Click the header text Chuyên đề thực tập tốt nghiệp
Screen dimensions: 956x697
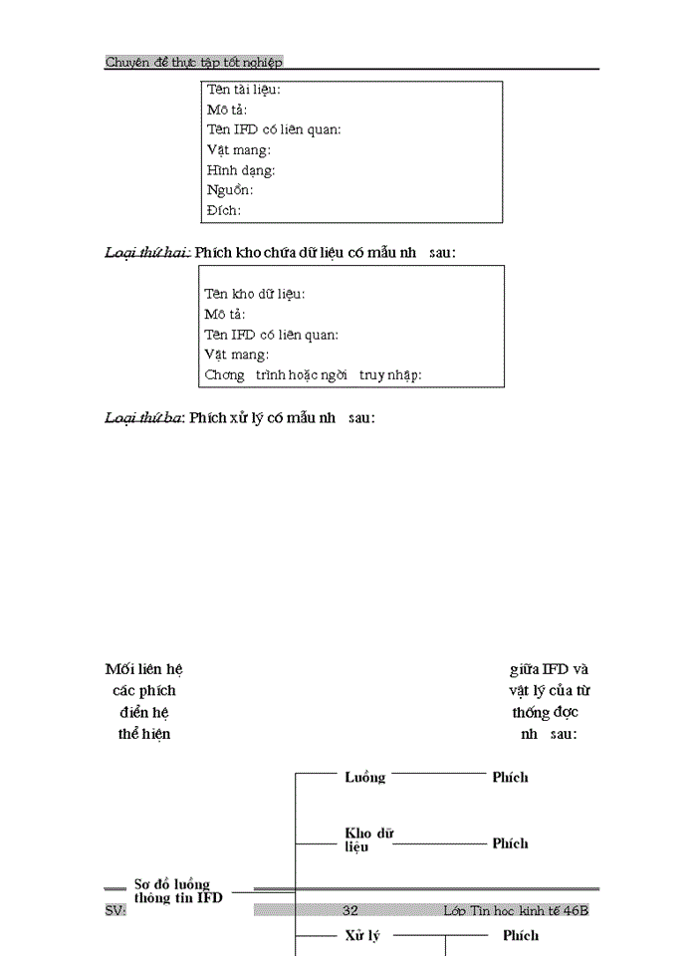coord(194,62)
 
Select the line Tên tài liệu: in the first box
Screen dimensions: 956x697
coord(243,90)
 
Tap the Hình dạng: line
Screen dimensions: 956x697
coord(241,170)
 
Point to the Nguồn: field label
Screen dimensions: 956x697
coord(229,190)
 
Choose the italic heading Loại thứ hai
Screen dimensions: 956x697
coord(147,253)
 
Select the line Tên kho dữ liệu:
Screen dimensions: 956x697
coord(255,294)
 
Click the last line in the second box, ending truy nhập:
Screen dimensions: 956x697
coord(313,374)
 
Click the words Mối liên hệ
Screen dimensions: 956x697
coord(143,669)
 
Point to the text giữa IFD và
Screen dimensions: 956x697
coord(549,669)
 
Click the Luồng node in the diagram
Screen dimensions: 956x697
coord(364,777)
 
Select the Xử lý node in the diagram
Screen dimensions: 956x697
coord(362,936)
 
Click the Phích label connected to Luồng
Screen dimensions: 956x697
coord(510,777)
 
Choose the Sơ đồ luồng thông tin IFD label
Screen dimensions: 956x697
coord(178,890)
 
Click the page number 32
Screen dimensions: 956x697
coord(349,910)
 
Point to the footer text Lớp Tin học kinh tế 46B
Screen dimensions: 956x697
coord(516,910)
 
